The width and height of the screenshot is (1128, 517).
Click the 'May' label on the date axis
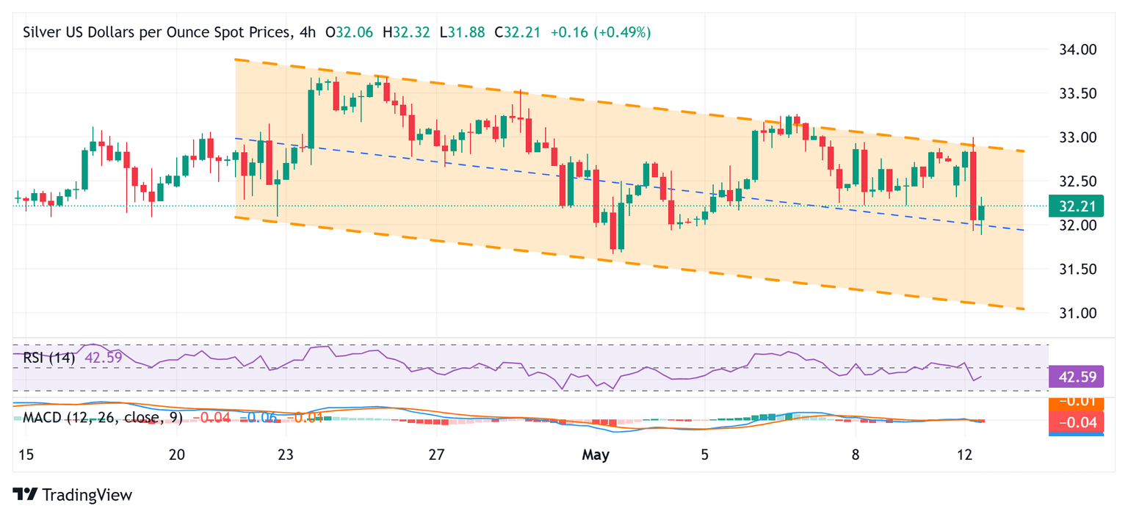tap(596, 455)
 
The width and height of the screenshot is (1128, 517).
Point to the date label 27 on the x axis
tap(436, 455)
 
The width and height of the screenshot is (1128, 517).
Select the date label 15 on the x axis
tap(26, 455)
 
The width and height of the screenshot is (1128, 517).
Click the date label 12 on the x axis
tap(966, 455)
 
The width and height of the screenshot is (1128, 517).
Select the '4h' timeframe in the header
tap(309, 32)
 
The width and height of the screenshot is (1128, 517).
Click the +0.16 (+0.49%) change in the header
tap(601, 32)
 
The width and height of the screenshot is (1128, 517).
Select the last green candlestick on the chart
tap(981, 213)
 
